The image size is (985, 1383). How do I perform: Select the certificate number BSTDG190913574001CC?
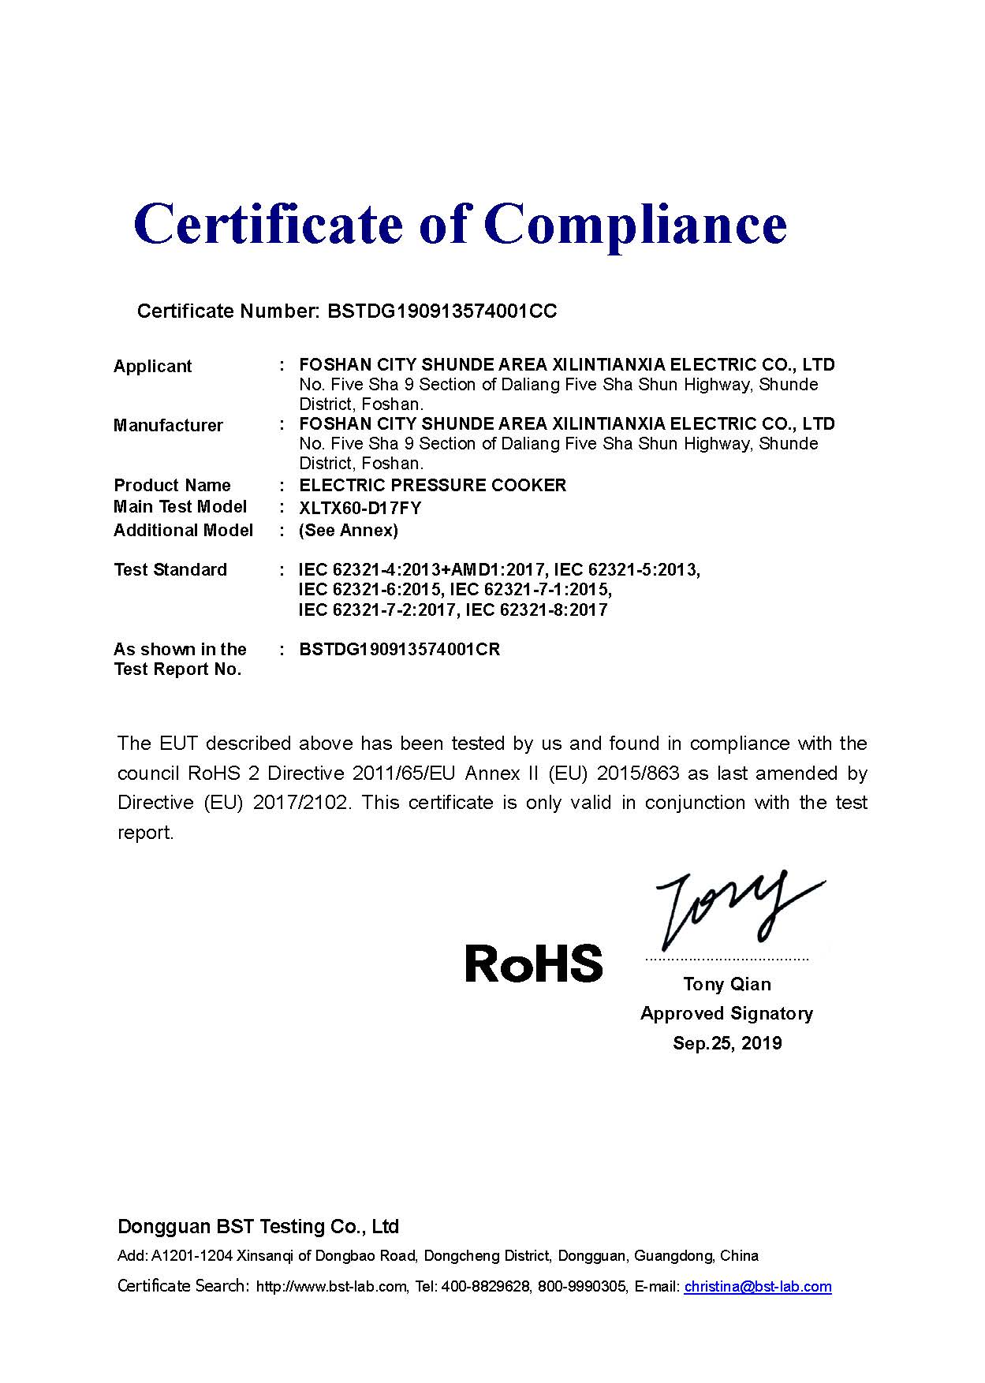(x=442, y=311)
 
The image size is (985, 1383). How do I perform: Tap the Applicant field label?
(x=152, y=367)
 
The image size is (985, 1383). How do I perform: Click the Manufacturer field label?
(x=168, y=426)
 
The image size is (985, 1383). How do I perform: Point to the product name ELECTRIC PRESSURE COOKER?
(x=432, y=486)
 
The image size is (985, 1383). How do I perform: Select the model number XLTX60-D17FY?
(x=360, y=509)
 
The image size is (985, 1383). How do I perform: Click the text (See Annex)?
(x=348, y=531)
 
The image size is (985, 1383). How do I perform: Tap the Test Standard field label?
(x=170, y=570)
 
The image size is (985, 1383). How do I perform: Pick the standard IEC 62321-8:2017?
(x=536, y=610)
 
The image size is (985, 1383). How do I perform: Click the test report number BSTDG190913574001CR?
(x=399, y=650)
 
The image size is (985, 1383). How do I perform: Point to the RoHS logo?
(x=533, y=964)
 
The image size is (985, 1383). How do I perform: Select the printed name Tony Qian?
(x=726, y=984)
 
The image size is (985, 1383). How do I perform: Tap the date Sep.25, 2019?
(x=726, y=1044)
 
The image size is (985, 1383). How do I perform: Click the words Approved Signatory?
(x=726, y=1014)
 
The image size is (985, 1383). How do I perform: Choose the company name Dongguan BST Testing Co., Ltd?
(x=258, y=1227)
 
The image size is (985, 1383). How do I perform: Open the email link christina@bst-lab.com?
(x=757, y=1287)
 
